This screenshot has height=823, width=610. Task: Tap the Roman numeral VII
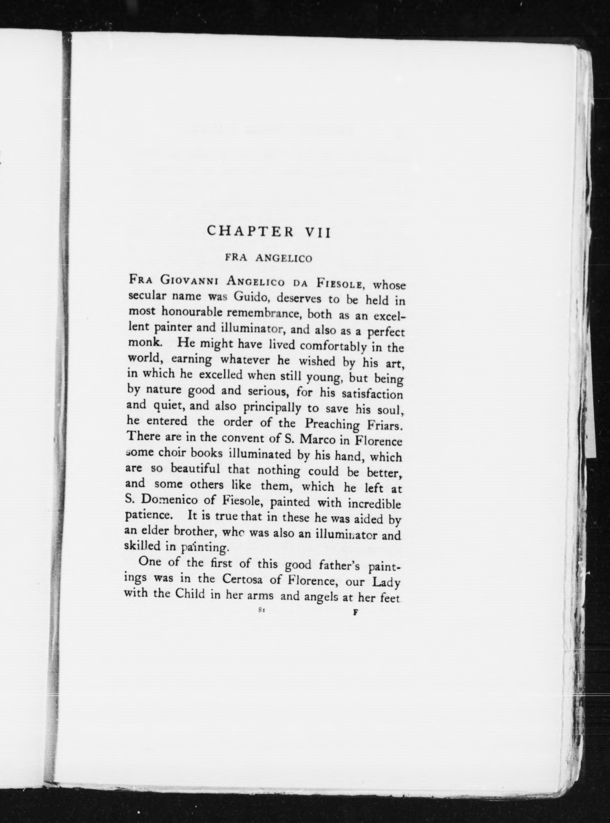[317, 232]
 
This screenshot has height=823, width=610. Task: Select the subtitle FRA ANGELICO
[268, 258]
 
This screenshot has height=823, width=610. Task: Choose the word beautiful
[195, 469]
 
